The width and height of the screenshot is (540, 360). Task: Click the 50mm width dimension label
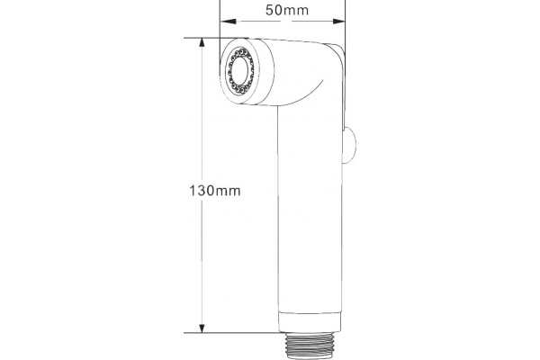pyautogui.click(x=287, y=10)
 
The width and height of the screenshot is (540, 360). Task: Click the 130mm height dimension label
pyautogui.click(x=215, y=191)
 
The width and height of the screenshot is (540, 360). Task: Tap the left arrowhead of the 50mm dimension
pyautogui.click(x=228, y=22)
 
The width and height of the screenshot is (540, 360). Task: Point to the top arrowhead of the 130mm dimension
pyautogui.click(x=202, y=42)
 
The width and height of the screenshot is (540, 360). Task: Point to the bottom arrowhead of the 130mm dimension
pyautogui.click(x=202, y=328)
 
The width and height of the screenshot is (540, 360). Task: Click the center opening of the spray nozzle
pyautogui.click(x=238, y=71)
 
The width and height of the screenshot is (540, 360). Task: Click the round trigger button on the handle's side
pyautogui.click(x=350, y=145)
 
